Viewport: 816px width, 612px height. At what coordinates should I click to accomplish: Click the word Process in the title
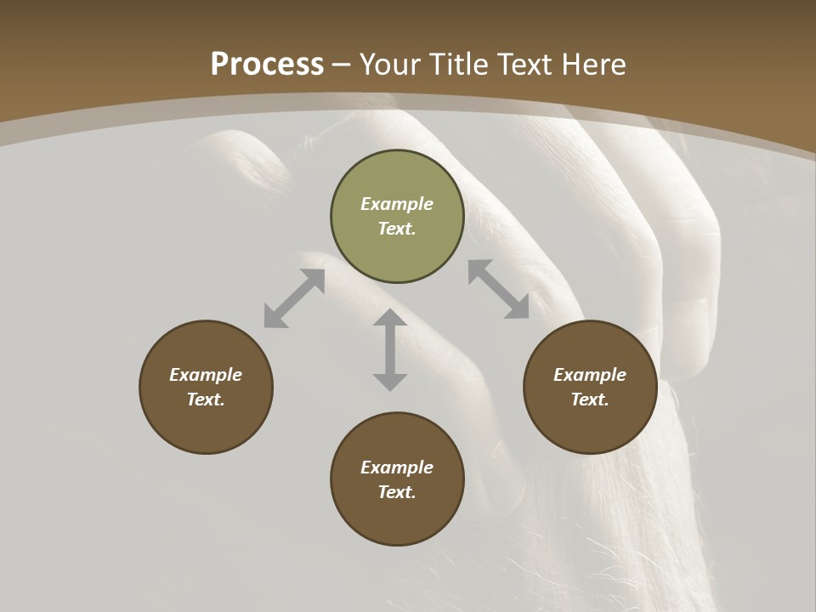click(x=267, y=65)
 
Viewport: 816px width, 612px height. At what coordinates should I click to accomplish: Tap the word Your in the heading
click(x=392, y=65)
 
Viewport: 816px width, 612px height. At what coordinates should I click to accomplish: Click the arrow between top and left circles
click(x=294, y=298)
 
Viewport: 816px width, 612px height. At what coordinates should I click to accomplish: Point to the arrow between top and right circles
click(x=499, y=289)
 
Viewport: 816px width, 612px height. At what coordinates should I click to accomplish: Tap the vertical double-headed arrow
click(x=390, y=349)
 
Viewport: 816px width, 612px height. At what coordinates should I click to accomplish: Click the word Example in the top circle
click(x=397, y=204)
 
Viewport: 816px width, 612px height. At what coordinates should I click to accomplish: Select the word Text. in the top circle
click(x=397, y=229)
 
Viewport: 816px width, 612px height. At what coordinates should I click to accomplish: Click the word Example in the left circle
click(x=206, y=375)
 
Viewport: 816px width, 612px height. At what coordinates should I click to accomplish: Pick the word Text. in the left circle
click(x=206, y=399)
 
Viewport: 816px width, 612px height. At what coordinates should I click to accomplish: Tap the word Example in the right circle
click(x=590, y=375)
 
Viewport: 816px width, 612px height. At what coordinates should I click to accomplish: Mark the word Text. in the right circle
click(x=590, y=399)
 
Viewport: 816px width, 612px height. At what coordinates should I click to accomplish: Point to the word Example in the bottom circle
click(x=397, y=467)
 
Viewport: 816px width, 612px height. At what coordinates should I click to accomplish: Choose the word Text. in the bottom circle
click(x=397, y=492)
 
